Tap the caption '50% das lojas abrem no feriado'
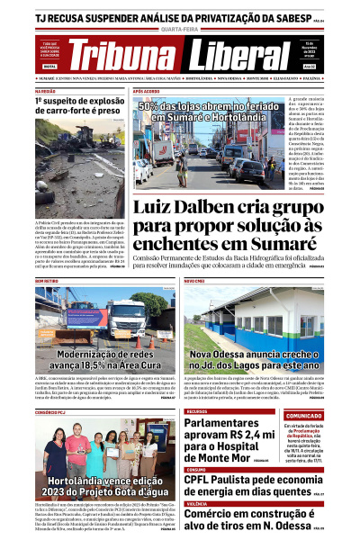pyautogui.click(x=219, y=111)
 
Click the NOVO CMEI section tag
pyautogui.click(x=195, y=281)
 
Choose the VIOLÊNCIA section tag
pyautogui.click(x=199, y=504)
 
